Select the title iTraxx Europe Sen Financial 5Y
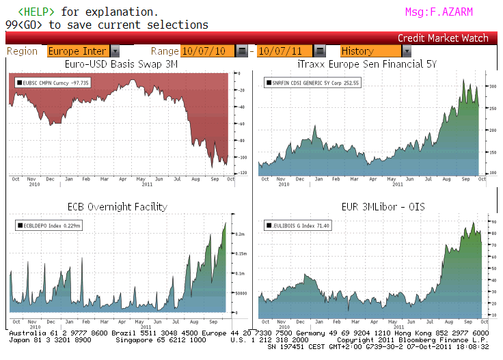[x=377, y=64]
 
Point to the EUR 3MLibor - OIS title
[x=377, y=206]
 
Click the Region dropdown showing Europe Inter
[x=83, y=51]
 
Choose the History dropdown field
[x=375, y=51]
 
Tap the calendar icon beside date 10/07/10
[x=242, y=51]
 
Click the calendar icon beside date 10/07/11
[x=318, y=51]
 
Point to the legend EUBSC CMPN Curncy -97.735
[x=53, y=83]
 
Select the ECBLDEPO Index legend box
[x=49, y=225]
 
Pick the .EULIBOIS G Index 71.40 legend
[x=298, y=225]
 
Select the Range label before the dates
[x=165, y=51]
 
